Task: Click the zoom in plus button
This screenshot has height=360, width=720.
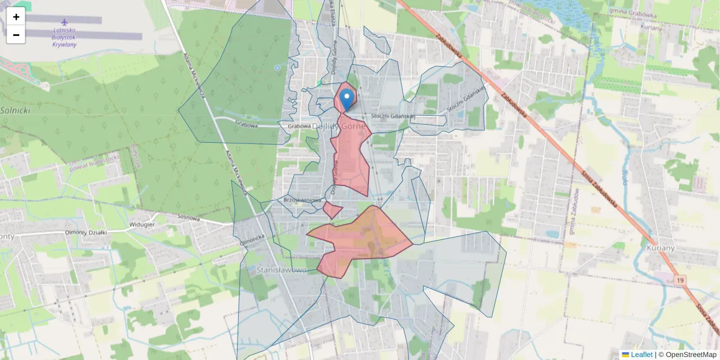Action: (x=16, y=17)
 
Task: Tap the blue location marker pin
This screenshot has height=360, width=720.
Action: (x=346, y=99)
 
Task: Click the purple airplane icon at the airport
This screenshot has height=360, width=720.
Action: (x=64, y=22)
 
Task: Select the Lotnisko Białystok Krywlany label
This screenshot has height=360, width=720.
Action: (x=64, y=37)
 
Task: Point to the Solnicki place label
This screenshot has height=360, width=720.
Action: (x=15, y=110)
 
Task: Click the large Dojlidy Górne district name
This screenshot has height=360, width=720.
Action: (x=338, y=125)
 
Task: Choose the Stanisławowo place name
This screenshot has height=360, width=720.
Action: (x=282, y=270)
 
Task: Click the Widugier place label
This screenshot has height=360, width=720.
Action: (x=142, y=224)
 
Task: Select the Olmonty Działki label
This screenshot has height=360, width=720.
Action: (x=85, y=232)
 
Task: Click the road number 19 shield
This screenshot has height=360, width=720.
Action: (x=679, y=280)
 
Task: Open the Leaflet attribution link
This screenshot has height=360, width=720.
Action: (x=641, y=355)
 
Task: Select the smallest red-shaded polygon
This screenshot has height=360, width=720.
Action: (x=332, y=210)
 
